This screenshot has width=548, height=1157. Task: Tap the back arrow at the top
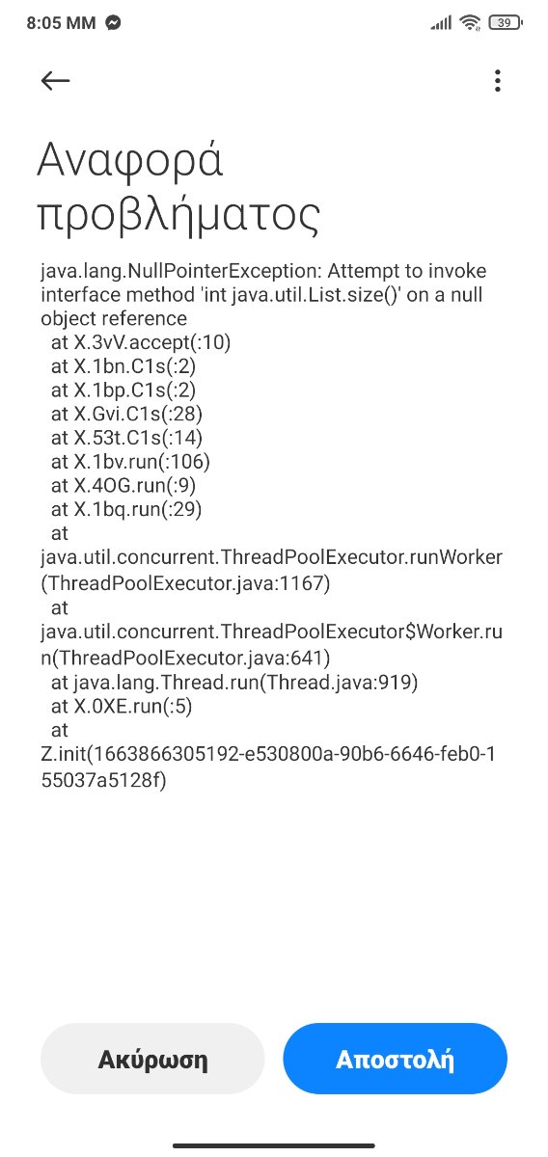(x=55, y=81)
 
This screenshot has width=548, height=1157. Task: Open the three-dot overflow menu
(x=497, y=81)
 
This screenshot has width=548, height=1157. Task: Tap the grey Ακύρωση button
(x=152, y=1059)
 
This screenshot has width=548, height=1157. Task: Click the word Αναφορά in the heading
(x=130, y=160)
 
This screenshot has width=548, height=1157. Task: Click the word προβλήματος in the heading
(x=178, y=214)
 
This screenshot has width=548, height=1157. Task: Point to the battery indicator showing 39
(x=506, y=23)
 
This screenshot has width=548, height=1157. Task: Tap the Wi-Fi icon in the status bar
(x=471, y=23)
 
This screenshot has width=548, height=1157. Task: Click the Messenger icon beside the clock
(x=113, y=23)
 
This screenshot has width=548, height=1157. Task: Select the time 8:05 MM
(x=61, y=23)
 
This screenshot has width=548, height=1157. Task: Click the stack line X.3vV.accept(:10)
(x=141, y=342)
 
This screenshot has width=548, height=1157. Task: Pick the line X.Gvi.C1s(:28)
(x=126, y=414)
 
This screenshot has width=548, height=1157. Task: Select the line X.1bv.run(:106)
(x=130, y=461)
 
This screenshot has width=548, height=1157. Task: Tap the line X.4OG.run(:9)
(x=123, y=485)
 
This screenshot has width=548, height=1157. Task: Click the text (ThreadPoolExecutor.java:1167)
(x=185, y=583)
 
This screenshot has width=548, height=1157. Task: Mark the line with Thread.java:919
(x=234, y=683)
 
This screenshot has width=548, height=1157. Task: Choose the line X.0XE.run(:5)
(x=122, y=706)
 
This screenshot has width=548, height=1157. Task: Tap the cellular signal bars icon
(x=441, y=23)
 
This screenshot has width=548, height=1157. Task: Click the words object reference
(x=114, y=319)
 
